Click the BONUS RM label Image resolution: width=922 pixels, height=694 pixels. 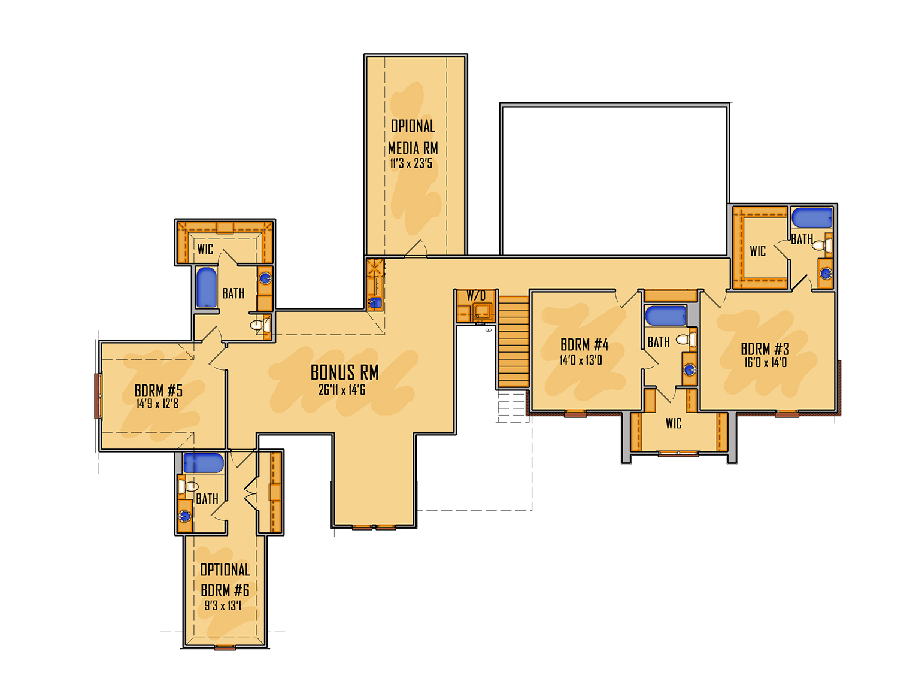(344, 372)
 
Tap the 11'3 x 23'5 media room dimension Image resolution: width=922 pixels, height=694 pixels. (411, 163)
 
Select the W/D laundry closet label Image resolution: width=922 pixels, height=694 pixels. (476, 295)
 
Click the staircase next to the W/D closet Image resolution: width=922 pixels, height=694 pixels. (513, 341)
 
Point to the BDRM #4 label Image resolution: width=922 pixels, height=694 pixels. (584, 345)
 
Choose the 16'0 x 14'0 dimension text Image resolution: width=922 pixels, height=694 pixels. (765, 362)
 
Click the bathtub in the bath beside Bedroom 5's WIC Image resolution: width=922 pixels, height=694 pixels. (206, 288)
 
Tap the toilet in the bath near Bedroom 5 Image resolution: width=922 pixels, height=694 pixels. (260, 325)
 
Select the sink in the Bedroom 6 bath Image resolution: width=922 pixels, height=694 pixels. (184, 516)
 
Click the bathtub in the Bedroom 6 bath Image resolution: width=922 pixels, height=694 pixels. (204, 462)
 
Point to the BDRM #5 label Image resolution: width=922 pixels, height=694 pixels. (159, 390)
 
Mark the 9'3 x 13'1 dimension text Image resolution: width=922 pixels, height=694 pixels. (223, 605)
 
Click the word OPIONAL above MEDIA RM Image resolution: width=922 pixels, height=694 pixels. (413, 126)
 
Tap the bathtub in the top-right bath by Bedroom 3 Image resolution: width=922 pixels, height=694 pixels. (812, 217)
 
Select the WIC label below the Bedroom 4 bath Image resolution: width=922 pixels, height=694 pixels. (674, 423)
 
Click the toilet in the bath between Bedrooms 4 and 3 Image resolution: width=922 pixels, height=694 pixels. (686, 339)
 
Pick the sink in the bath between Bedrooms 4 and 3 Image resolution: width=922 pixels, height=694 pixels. (689, 369)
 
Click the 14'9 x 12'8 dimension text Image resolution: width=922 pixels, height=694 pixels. (157, 404)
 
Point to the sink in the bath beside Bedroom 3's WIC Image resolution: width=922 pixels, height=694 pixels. (826, 274)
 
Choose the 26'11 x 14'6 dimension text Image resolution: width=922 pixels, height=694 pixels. (341, 390)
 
